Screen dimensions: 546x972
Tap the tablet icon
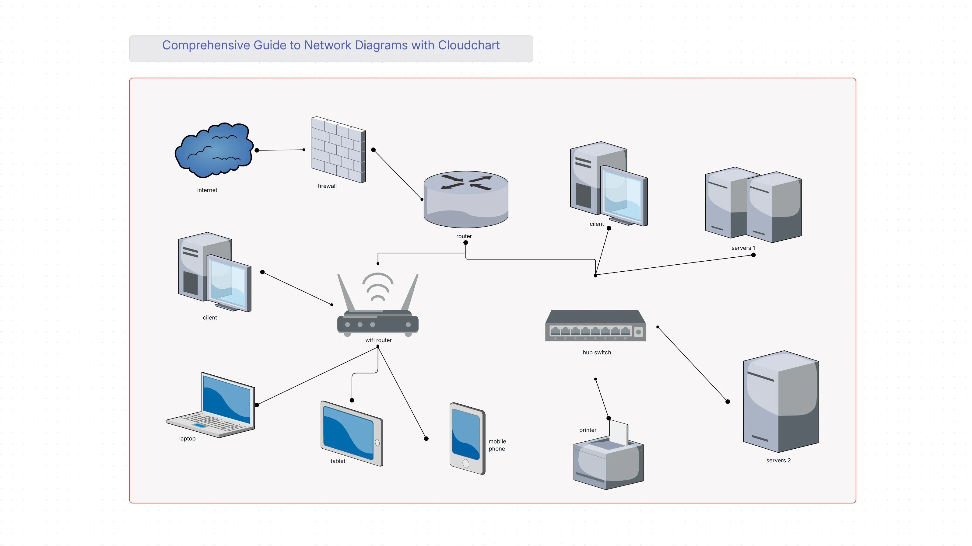pyautogui.click(x=351, y=434)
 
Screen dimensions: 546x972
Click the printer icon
pyautogui.click(x=608, y=460)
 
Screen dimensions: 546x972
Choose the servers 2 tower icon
pyautogui.click(x=780, y=402)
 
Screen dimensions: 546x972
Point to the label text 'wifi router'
pyautogui.click(x=378, y=340)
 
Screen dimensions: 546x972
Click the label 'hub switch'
pyautogui.click(x=597, y=353)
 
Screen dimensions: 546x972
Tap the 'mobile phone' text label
pyautogui.click(x=497, y=445)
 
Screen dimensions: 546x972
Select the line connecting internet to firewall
pyautogui.click(x=280, y=150)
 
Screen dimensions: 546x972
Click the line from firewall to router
pyautogui.click(x=397, y=174)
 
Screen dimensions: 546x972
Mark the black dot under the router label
pyautogui.click(x=466, y=243)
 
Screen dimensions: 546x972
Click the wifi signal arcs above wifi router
pyautogui.click(x=378, y=287)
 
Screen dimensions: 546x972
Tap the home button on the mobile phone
pyautogui.click(x=466, y=464)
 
